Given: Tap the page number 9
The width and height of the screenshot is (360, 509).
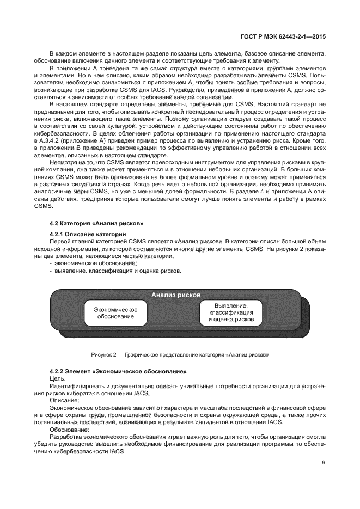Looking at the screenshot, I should click(x=324, y=463).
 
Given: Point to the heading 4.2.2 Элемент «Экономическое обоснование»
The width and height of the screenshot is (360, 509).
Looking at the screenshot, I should click(x=118, y=371).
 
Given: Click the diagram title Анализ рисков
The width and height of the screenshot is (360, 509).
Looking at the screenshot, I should click(x=176, y=295).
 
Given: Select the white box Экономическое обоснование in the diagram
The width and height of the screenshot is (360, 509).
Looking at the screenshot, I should click(x=115, y=313).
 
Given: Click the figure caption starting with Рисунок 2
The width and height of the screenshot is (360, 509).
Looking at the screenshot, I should click(x=180, y=354).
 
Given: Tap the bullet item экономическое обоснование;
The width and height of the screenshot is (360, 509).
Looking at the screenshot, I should click(x=95, y=263).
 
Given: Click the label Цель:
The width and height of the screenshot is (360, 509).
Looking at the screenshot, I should click(x=57, y=378).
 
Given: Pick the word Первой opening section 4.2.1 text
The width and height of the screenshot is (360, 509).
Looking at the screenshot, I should click(x=61, y=241).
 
